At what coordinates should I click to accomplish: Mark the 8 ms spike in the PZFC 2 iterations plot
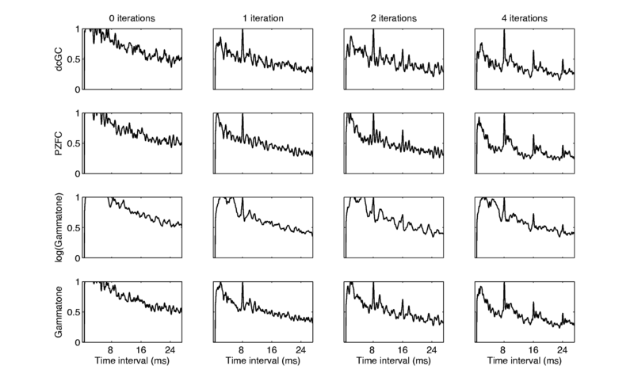click(x=373, y=117)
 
